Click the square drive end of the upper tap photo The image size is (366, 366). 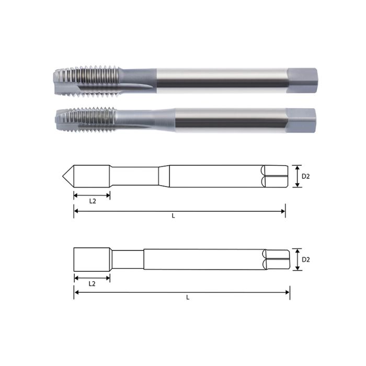pyautogui.click(x=302, y=78)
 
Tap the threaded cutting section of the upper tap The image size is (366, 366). pyautogui.click(x=86, y=81)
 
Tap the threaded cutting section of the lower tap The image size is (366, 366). pyautogui.click(x=84, y=120)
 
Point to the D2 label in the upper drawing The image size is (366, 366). pyautogui.click(x=306, y=176)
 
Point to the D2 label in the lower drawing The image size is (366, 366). pyautogui.click(x=306, y=259)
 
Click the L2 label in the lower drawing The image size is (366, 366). pyautogui.click(x=92, y=283)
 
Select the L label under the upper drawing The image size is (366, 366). pyautogui.click(x=173, y=216)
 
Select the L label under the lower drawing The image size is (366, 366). pyautogui.click(x=187, y=298)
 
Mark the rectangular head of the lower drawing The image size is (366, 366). pyautogui.click(x=92, y=259)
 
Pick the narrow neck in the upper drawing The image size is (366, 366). pyautogui.click(x=135, y=176)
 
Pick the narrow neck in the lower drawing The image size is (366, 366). pyautogui.click(x=128, y=259)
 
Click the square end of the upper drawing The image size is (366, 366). pyautogui.click(x=275, y=176)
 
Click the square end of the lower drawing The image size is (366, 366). pyautogui.click(x=277, y=259)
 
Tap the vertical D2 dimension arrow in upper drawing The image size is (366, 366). pyautogui.click(x=297, y=176)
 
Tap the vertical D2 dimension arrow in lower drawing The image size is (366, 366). pyautogui.click(x=297, y=259)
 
